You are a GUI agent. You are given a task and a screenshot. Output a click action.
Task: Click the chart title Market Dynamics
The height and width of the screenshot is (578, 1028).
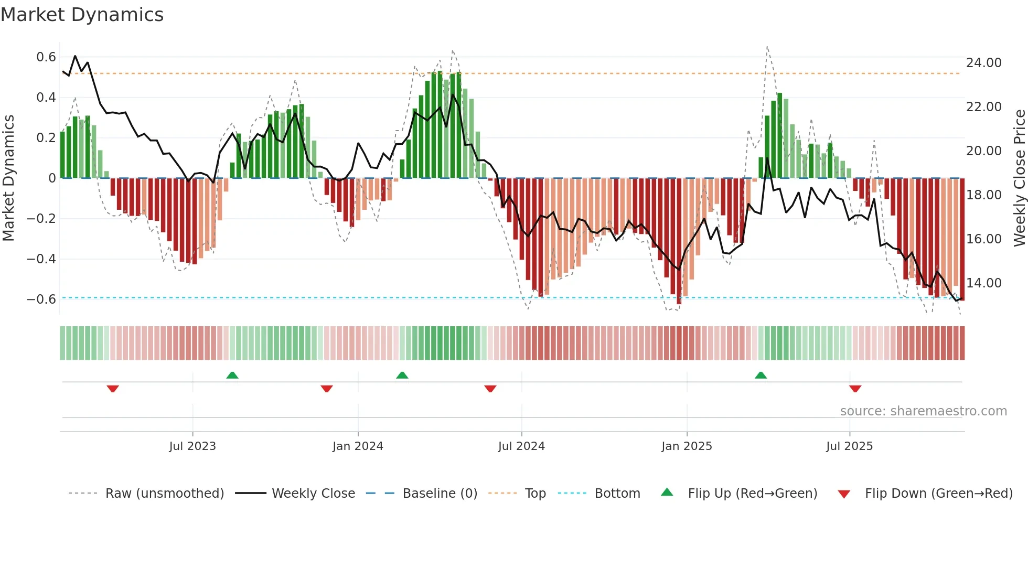82,15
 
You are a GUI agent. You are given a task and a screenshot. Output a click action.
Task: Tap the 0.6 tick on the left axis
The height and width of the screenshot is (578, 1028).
46,57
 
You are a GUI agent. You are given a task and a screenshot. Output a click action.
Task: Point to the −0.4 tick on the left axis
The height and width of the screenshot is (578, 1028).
41,259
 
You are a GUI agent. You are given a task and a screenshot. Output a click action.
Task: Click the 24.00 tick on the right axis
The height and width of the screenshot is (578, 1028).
983,62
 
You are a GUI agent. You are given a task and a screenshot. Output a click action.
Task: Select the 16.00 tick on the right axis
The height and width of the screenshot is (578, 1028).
983,239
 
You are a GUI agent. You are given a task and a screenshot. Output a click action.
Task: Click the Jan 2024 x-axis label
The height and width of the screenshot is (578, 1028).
358,446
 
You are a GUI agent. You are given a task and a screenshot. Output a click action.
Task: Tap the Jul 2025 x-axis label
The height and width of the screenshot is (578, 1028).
849,446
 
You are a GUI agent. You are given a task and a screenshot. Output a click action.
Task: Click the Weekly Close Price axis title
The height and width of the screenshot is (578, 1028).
1019,178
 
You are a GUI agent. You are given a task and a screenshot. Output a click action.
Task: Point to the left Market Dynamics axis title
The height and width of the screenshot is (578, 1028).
8,178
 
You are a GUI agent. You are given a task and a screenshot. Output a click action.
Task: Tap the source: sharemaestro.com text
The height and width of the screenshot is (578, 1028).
923,411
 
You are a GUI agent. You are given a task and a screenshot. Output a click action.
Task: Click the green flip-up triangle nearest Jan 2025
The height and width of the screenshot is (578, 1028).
761,375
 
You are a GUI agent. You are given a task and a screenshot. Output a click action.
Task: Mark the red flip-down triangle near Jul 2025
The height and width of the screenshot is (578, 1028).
855,389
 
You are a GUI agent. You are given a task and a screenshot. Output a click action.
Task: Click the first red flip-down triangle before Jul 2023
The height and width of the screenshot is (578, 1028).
113,389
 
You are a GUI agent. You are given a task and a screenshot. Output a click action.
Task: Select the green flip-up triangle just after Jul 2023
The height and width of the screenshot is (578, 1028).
232,375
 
